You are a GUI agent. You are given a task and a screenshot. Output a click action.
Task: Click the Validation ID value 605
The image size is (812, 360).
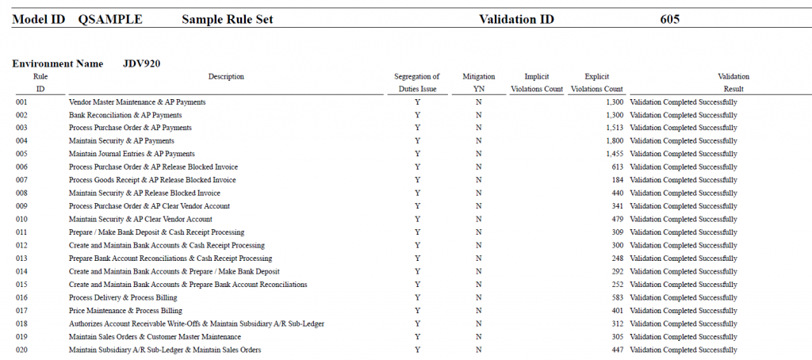tap(669, 20)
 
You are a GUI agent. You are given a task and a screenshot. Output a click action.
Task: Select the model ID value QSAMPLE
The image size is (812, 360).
tap(110, 20)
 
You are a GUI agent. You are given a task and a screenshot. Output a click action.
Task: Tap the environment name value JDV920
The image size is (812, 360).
tap(141, 63)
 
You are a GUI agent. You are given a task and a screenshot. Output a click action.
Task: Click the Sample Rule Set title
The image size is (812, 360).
tap(228, 20)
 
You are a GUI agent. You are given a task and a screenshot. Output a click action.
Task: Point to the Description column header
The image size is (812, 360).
tap(226, 77)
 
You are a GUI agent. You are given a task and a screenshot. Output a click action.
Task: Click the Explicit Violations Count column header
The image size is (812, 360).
tap(596, 83)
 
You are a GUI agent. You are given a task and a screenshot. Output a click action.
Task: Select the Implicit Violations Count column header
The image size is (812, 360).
tap(537, 83)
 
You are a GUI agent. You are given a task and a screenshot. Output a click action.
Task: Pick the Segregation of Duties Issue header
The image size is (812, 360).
tap(417, 83)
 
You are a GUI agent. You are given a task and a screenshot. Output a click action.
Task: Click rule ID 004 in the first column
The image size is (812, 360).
tap(21, 141)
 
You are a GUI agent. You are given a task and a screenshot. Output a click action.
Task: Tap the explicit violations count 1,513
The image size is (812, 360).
tap(615, 128)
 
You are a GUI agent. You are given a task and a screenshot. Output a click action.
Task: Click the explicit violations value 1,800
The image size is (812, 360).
tap(615, 141)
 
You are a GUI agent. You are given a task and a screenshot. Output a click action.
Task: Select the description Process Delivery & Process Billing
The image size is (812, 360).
tap(123, 298)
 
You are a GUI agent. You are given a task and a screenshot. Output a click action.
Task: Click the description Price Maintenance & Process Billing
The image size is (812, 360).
tap(125, 311)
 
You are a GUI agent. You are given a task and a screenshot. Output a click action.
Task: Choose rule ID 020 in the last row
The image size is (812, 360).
tap(21, 350)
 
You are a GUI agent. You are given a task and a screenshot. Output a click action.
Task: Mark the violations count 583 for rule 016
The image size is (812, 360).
tap(617, 298)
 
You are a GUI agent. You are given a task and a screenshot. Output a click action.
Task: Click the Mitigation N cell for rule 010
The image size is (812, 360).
tap(478, 219)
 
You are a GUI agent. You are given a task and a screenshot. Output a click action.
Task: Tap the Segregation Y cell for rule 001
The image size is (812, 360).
tap(417, 102)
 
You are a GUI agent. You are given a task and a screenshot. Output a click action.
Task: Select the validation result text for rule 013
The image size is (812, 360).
tap(684, 259)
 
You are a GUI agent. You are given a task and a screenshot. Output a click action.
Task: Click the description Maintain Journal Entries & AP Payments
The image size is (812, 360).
tap(132, 154)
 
